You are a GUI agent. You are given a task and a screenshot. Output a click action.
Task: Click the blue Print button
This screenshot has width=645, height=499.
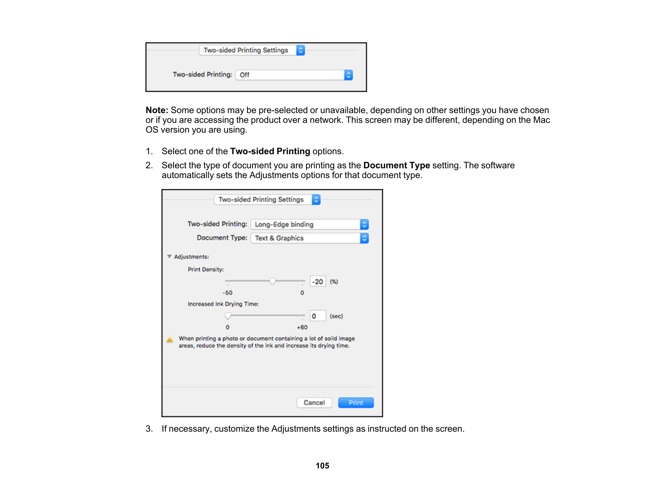pos(356,402)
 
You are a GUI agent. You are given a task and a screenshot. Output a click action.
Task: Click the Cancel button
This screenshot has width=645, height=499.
pos(314,402)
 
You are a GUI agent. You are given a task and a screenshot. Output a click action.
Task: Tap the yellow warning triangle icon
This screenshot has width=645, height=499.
pos(170,340)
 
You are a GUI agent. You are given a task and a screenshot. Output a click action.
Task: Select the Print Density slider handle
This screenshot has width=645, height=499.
pos(272,281)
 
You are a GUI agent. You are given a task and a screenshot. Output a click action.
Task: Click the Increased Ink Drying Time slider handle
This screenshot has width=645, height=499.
pos(228,316)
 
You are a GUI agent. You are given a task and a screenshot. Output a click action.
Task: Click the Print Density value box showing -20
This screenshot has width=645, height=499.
pos(318,281)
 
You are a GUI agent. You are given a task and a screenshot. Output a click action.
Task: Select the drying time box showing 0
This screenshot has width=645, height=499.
pos(318,316)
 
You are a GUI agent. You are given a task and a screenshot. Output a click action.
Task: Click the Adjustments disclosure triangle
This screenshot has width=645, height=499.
pos(169,256)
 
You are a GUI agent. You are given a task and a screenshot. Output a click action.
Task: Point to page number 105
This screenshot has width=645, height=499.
pos(322,466)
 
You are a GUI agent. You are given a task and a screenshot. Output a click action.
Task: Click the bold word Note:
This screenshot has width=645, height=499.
pos(157,110)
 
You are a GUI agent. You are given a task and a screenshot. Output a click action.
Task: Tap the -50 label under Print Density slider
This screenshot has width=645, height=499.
pos(228,293)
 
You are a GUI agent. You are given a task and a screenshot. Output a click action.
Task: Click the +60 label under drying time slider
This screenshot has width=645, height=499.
pos(302,327)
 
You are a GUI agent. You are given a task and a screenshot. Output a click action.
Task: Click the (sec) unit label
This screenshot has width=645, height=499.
pos(336,316)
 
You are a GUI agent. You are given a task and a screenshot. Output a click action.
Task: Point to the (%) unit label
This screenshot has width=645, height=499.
pos(334,282)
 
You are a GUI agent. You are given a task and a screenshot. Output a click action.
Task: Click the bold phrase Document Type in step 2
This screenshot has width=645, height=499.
pos(396,166)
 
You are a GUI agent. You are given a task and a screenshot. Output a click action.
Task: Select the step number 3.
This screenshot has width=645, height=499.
pos(149,429)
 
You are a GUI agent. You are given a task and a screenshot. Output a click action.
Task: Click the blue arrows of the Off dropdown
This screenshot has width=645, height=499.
pos(348,75)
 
